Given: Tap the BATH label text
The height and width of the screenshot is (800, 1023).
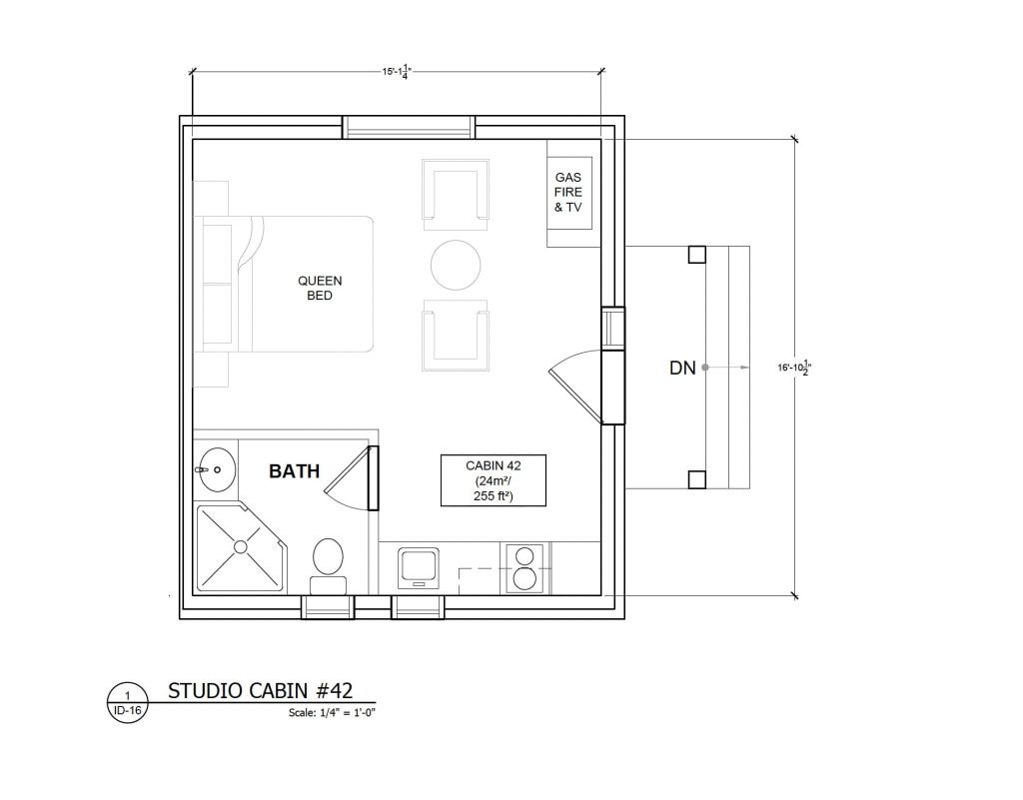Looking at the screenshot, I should click(295, 471).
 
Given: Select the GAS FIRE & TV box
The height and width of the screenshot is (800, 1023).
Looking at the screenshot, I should click(568, 193).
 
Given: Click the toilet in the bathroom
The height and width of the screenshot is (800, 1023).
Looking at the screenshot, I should click(329, 562).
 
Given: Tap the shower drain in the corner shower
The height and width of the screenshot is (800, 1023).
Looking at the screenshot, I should click(240, 545).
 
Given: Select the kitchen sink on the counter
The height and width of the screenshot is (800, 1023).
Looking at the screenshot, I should click(418, 566).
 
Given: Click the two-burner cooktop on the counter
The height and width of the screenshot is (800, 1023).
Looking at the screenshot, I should click(524, 566).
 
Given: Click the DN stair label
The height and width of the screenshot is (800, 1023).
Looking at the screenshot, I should click(681, 369).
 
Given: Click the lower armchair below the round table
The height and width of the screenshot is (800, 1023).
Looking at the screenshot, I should click(457, 336).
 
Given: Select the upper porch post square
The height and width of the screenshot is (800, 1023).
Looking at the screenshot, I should click(696, 254).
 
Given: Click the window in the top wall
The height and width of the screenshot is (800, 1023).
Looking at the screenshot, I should click(409, 128).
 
